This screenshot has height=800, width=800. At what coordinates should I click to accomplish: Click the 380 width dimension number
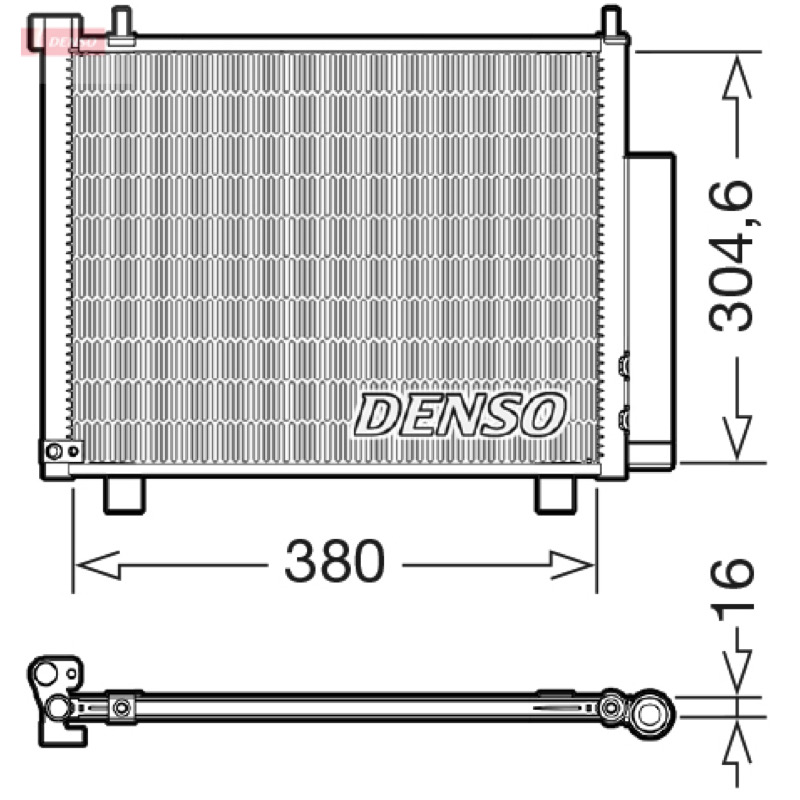coord(334,561)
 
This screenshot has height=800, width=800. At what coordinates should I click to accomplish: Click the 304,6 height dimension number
coord(732,255)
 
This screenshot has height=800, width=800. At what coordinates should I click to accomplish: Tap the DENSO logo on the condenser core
coord(460,414)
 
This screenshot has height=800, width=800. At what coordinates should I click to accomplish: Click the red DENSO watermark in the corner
coord(63,42)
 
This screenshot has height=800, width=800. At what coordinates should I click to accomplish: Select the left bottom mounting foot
coord(124,495)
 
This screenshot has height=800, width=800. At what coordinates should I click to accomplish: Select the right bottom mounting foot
coord(555,495)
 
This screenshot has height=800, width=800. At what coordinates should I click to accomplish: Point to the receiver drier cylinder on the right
coord(651,310)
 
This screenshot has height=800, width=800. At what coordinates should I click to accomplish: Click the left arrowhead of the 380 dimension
coord(98,565)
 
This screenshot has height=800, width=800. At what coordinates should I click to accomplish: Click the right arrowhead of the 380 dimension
coord(572,565)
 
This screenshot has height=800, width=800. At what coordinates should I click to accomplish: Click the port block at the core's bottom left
coord(62,451)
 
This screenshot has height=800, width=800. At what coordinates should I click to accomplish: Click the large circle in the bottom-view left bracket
coord(45,673)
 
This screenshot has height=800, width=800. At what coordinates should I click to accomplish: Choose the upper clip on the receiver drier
coord(623,365)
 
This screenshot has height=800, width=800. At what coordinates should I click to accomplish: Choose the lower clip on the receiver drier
coord(623,420)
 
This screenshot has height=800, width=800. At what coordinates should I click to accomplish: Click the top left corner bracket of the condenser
coord(55,32)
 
